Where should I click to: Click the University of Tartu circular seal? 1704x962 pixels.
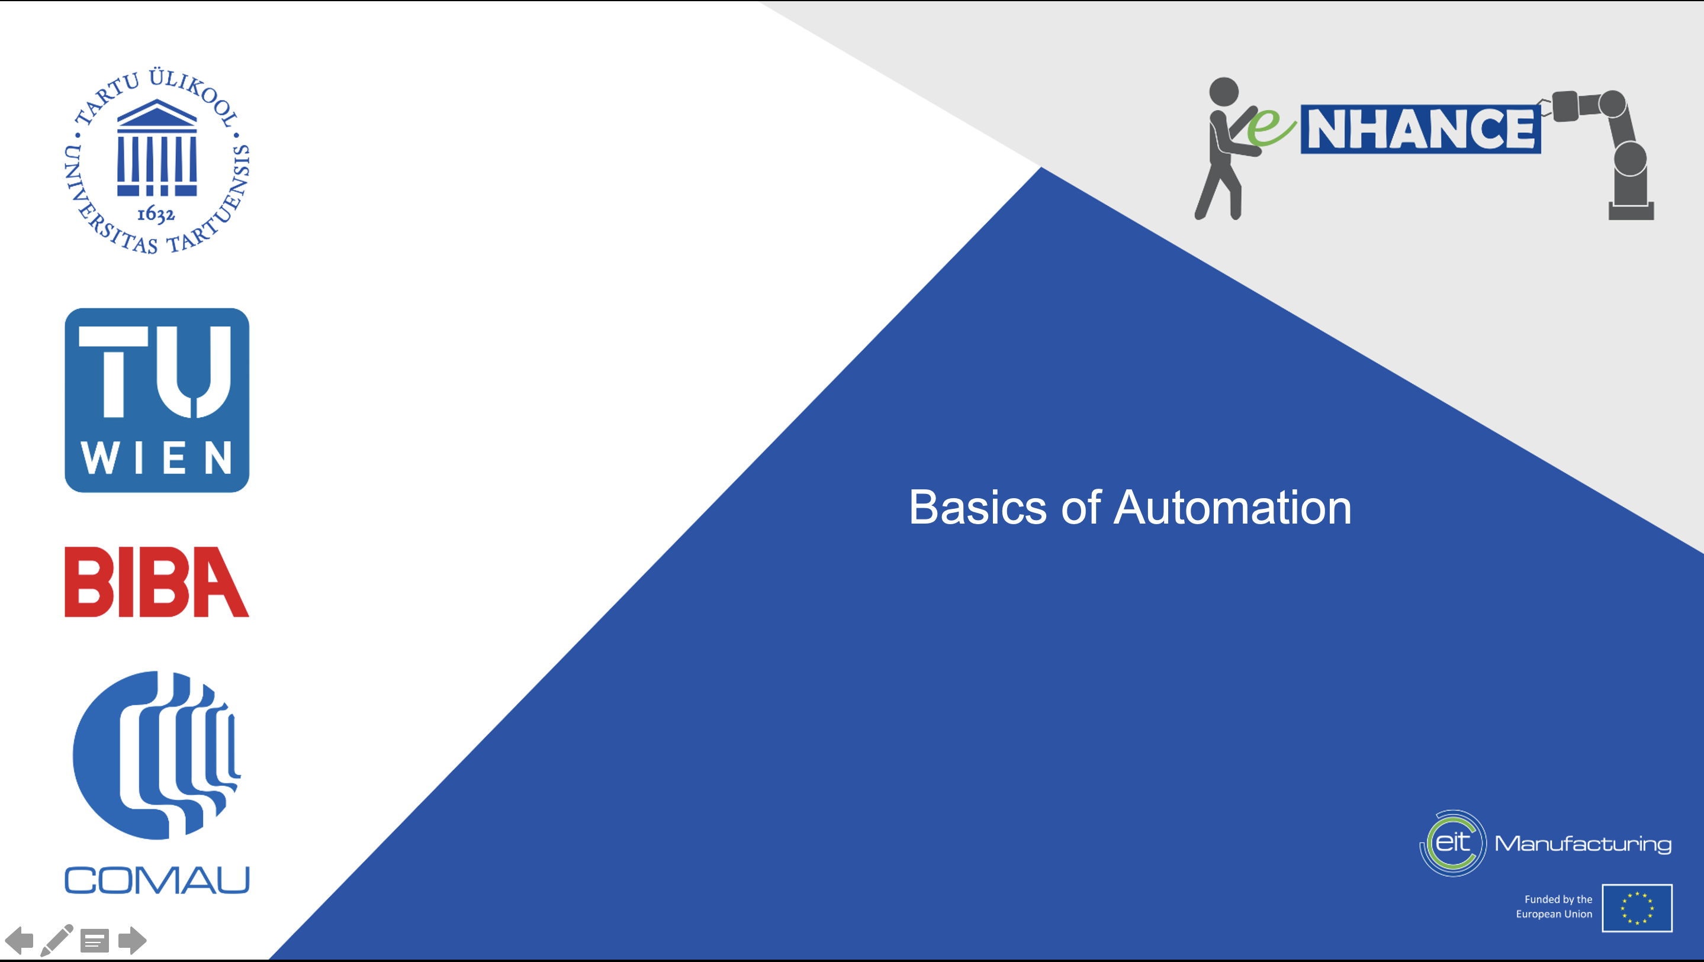pyautogui.click(x=157, y=161)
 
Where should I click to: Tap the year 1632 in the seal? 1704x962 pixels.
pyautogui.click(x=156, y=214)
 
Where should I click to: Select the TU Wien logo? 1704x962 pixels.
pyautogui.click(x=157, y=400)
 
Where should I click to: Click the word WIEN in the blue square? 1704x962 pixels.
pyautogui.click(x=157, y=457)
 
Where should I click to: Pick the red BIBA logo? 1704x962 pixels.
pyautogui.click(x=157, y=582)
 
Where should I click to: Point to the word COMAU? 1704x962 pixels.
pyautogui.click(x=157, y=880)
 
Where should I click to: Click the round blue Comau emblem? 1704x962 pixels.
pyautogui.click(x=156, y=755)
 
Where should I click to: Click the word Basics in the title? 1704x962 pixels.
pyautogui.click(x=978, y=508)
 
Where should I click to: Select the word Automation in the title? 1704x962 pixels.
pyautogui.click(x=1233, y=508)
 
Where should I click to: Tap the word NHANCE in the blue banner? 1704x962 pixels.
pyautogui.click(x=1421, y=129)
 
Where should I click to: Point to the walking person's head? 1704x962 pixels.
pyautogui.click(x=1224, y=91)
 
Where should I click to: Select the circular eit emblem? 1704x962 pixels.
pyautogui.click(x=1452, y=843)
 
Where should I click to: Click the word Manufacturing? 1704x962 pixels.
pyautogui.click(x=1583, y=844)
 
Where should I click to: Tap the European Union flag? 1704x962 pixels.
pyautogui.click(x=1637, y=908)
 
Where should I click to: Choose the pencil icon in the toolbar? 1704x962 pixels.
pyautogui.click(x=57, y=940)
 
